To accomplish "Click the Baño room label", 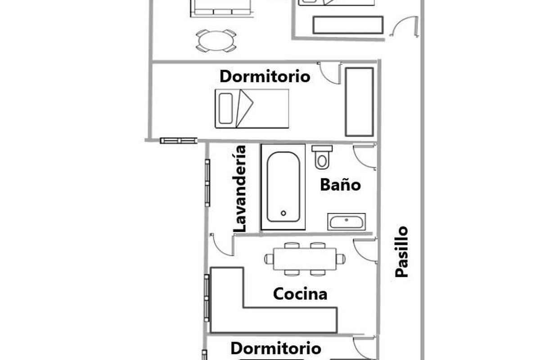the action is pyautogui.click(x=340, y=185).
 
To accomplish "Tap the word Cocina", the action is pyautogui.click(x=300, y=294).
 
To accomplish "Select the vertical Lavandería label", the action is pyautogui.click(x=240, y=189).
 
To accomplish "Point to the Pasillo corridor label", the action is pyautogui.click(x=401, y=252).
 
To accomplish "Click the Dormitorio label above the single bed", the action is pyautogui.click(x=265, y=76).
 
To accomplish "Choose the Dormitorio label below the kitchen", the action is pyautogui.click(x=276, y=349).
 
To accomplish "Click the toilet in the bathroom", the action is pyautogui.click(x=322, y=157).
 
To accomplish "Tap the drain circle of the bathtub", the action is pyautogui.click(x=283, y=213).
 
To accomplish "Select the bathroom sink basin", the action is pyautogui.click(x=346, y=222).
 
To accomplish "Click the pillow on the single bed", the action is pyautogui.click(x=226, y=108).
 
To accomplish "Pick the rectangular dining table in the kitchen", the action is pyautogui.click(x=305, y=259).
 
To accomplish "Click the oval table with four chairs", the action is pyautogui.click(x=216, y=41).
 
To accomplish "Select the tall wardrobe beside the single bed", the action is pyautogui.click(x=360, y=102).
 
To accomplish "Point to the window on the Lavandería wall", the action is pyautogui.click(x=207, y=183).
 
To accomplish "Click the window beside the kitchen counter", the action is pyautogui.click(x=207, y=298).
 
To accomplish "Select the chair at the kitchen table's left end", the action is pyautogui.click(x=269, y=259).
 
